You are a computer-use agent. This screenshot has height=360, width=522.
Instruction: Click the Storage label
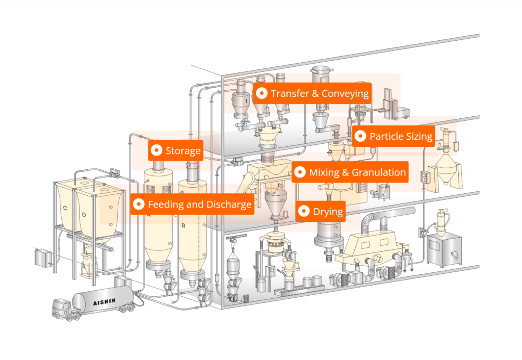(176, 151)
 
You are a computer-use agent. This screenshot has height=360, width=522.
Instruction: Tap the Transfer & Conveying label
(312, 94)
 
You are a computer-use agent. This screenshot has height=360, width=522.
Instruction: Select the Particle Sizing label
(394, 136)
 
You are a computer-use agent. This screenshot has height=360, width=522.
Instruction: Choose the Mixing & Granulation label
(350, 172)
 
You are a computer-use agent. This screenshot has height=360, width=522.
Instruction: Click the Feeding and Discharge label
(192, 205)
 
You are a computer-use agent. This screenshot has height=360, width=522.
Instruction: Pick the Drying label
(321, 211)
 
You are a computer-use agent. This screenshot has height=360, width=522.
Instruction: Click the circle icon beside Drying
(304, 211)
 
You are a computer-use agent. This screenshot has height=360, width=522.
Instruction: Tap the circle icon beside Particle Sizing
(360, 136)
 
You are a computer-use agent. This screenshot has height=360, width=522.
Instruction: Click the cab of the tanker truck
(62, 308)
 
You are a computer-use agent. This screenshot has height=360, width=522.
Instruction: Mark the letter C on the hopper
(65, 208)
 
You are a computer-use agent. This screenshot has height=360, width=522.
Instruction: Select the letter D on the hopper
(84, 214)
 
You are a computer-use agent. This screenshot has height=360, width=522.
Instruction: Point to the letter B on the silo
(184, 224)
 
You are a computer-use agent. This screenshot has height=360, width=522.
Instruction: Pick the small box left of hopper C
(43, 257)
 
